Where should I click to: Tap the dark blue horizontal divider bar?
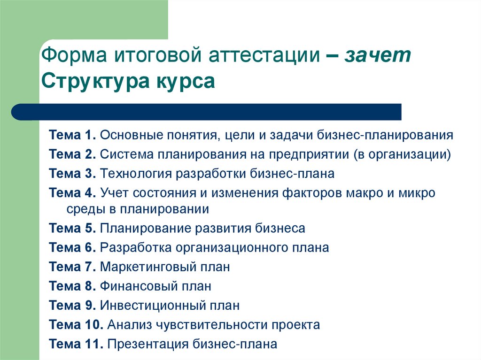point(207,112)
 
